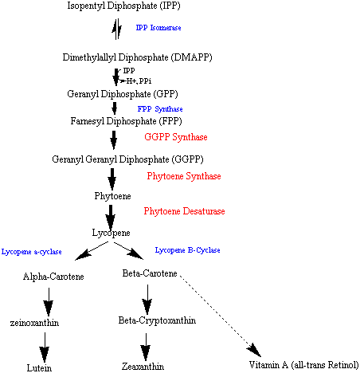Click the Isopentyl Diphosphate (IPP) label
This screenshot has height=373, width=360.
[123, 6]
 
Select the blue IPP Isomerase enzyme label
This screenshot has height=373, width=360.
[158, 28]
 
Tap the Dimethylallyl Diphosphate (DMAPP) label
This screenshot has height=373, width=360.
[137, 57]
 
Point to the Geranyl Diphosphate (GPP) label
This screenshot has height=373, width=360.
[123, 94]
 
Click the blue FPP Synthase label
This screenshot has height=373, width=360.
[160, 109]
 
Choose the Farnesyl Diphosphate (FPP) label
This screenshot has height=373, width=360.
[126, 121]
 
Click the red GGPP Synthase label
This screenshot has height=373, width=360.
[176, 137]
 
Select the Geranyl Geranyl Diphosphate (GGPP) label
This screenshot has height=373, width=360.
[127, 159]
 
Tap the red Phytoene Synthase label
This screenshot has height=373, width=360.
[184, 176]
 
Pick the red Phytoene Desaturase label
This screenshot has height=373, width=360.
[184, 211]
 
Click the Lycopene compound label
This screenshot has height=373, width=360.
[111, 233]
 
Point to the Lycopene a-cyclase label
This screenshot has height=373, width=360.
[32, 252]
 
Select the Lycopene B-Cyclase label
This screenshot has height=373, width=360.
[187, 250]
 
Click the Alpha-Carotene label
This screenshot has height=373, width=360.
[53, 277]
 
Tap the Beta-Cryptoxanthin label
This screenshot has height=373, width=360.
[157, 320]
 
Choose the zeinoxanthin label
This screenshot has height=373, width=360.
[34, 323]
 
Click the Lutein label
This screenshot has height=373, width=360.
[39, 368]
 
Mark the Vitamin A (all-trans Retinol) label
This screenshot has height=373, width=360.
[303, 365]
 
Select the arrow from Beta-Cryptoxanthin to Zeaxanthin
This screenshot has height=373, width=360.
[146, 347]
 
